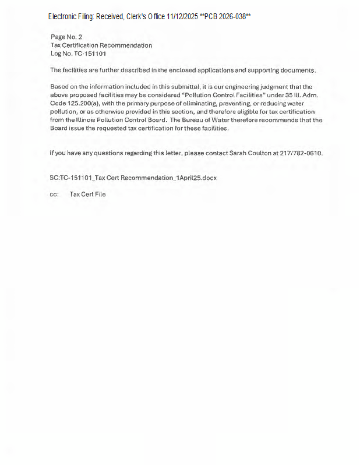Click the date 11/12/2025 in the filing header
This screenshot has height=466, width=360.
(182, 17)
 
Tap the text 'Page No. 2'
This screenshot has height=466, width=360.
(66, 37)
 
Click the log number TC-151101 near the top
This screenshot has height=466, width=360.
(90, 54)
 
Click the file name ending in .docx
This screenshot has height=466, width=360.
(133, 178)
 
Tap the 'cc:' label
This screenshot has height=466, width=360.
(54, 195)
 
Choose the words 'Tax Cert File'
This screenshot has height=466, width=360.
(87, 195)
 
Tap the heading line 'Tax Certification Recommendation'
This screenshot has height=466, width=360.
(101, 45)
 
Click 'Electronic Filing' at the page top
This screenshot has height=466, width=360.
(70, 17)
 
